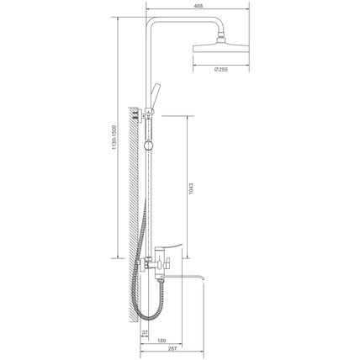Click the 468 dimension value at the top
point(198,6)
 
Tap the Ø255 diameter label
point(221,69)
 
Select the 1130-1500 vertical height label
point(114,137)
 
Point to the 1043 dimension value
point(191,188)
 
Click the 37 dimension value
point(145,332)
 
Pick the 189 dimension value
point(161,341)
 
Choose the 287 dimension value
point(172,349)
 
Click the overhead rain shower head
point(221,48)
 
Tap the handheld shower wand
point(155,96)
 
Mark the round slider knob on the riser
point(148,146)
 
